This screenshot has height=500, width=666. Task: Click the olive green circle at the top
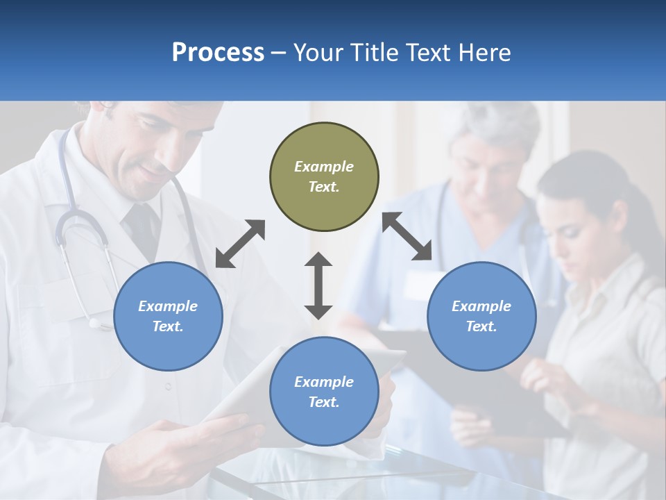coord(324,176)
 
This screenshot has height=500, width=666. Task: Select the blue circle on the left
coord(168,316)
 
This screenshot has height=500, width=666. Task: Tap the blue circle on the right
coord(481,316)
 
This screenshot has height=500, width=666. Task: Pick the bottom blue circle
coord(324,392)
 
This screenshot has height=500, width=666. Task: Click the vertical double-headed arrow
coord(318,285)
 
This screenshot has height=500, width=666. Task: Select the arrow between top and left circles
coord(240,244)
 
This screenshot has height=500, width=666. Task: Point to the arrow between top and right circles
coord(407,236)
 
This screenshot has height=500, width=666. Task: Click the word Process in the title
coord(218,52)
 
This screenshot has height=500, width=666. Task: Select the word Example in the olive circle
coord(324,167)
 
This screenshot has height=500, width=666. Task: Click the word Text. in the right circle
coord(481,326)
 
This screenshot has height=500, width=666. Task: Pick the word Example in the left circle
coord(168,306)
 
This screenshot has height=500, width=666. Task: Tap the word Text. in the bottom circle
coord(324,402)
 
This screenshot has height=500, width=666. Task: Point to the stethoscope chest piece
coord(96,321)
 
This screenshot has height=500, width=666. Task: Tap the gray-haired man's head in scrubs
coord(489,149)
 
